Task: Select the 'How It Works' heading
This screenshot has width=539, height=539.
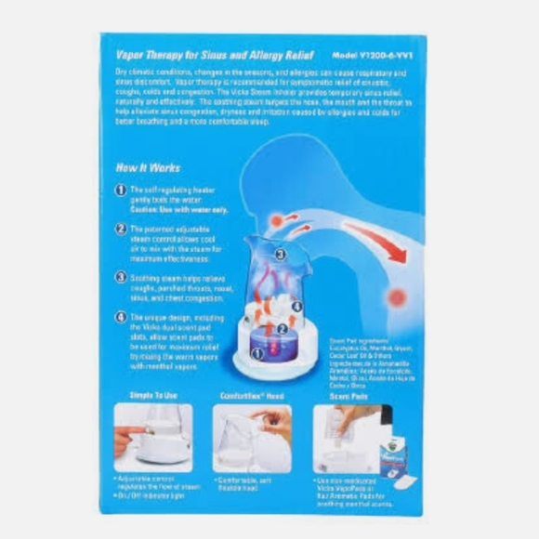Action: tap(148, 168)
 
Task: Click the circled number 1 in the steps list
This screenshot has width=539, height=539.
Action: tap(121, 190)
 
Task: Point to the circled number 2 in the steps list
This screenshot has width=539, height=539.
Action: tap(121, 229)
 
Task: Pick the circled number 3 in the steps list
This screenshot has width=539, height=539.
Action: tap(121, 276)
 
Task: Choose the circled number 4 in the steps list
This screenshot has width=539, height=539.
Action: tap(121, 317)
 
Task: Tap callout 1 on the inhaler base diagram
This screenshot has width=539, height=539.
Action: tap(258, 353)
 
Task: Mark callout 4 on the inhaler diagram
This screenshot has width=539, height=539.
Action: tap(296, 306)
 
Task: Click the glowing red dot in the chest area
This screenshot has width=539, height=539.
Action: tap(397, 297)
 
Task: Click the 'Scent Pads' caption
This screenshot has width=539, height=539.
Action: tap(346, 395)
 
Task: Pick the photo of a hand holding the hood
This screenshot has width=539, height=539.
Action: tap(252, 438)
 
